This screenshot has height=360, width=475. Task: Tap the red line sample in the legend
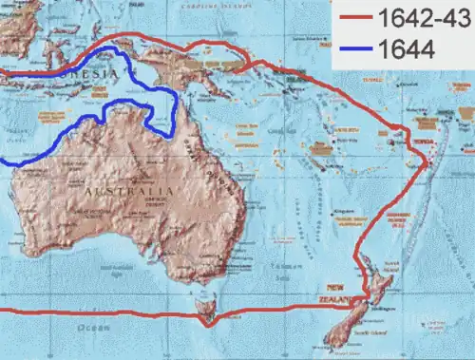point(356,19)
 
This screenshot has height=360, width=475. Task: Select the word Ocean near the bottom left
point(96,328)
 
